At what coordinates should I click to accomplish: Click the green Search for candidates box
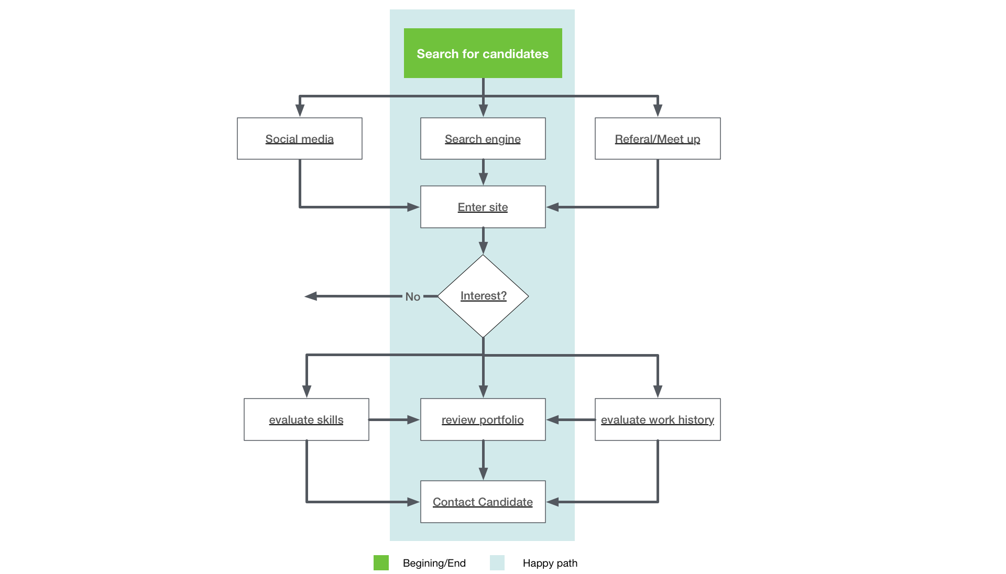pyautogui.click(x=483, y=53)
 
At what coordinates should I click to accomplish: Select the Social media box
pyautogui.click(x=299, y=139)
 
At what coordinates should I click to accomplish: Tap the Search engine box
pyautogui.click(x=483, y=139)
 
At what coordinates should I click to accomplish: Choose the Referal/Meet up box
pyautogui.click(x=657, y=139)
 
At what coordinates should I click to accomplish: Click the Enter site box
pyautogui.click(x=483, y=207)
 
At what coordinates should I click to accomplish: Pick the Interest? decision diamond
pyautogui.click(x=483, y=296)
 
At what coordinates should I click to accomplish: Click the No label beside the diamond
pyautogui.click(x=412, y=297)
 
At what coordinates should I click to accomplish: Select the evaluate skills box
pyautogui.click(x=306, y=420)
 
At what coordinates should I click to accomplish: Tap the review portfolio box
pyautogui.click(x=483, y=420)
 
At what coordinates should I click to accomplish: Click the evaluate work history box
pyautogui.click(x=657, y=420)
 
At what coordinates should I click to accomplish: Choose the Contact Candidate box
pyautogui.click(x=483, y=502)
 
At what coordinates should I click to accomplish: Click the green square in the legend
pyautogui.click(x=381, y=563)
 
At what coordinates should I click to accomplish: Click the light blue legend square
pyautogui.click(x=497, y=563)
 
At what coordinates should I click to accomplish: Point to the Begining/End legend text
pyautogui.click(x=434, y=563)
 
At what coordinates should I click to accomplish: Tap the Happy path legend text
pyautogui.click(x=550, y=563)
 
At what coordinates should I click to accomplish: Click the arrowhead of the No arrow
pyautogui.click(x=311, y=296)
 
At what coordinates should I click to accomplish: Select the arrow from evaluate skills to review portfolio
pyautogui.click(x=394, y=420)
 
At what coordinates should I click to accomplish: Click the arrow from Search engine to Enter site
pyautogui.click(x=483, y=172)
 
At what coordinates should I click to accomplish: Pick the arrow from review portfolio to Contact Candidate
pyautogui.click(x=483, y=460)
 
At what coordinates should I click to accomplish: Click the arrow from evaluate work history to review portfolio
pyautogui.click(x=571, y=420)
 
